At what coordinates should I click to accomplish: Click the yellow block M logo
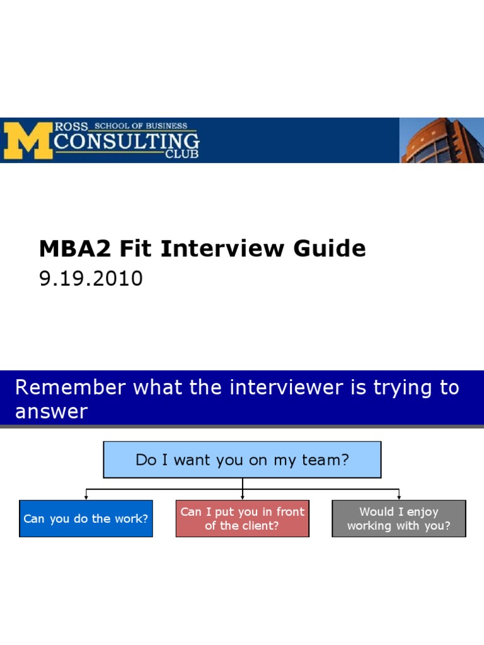[x=28, y=140]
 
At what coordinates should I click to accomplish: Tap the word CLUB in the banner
[x=181, y=154]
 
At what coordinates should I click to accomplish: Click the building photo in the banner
[x=442, y=140]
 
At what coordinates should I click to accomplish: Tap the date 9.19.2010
[x=91, y=278]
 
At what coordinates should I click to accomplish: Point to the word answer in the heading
[x=51, y=412]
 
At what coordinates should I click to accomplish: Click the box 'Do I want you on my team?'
[x=242, y=460]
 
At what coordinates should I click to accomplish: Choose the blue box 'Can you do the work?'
[x=86, y=519]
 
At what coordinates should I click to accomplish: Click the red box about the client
[x=242, y=518]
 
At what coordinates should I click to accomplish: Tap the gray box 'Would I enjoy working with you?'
[x=398, y=518]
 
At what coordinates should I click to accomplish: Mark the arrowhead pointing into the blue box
[x=86, y=498]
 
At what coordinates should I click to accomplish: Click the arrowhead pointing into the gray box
[x=399, y=498]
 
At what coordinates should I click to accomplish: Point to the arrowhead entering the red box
[x=243, y=498]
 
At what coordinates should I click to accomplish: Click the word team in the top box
[x=323, y=460]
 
